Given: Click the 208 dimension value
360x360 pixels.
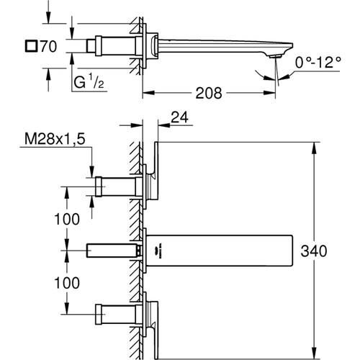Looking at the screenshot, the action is [x=209, y=93].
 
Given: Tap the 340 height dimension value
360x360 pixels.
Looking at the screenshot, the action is [x=314, y=251].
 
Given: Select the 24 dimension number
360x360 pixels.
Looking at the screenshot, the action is [x=179, y=117].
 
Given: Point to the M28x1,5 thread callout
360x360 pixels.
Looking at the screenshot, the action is [x=55, y=139].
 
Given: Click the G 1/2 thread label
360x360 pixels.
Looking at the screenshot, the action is [x=89, y=81].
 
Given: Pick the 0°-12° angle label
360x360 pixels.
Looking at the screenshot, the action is [x=318, y=63].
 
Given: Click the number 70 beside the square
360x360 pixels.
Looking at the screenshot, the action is [x=49, y=46].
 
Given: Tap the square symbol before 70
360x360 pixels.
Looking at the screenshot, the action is [x=31, y=46].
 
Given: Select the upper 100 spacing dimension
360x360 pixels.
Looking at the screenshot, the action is [x=67, y=219].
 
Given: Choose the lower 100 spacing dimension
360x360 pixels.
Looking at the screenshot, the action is [x=67, y=283].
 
